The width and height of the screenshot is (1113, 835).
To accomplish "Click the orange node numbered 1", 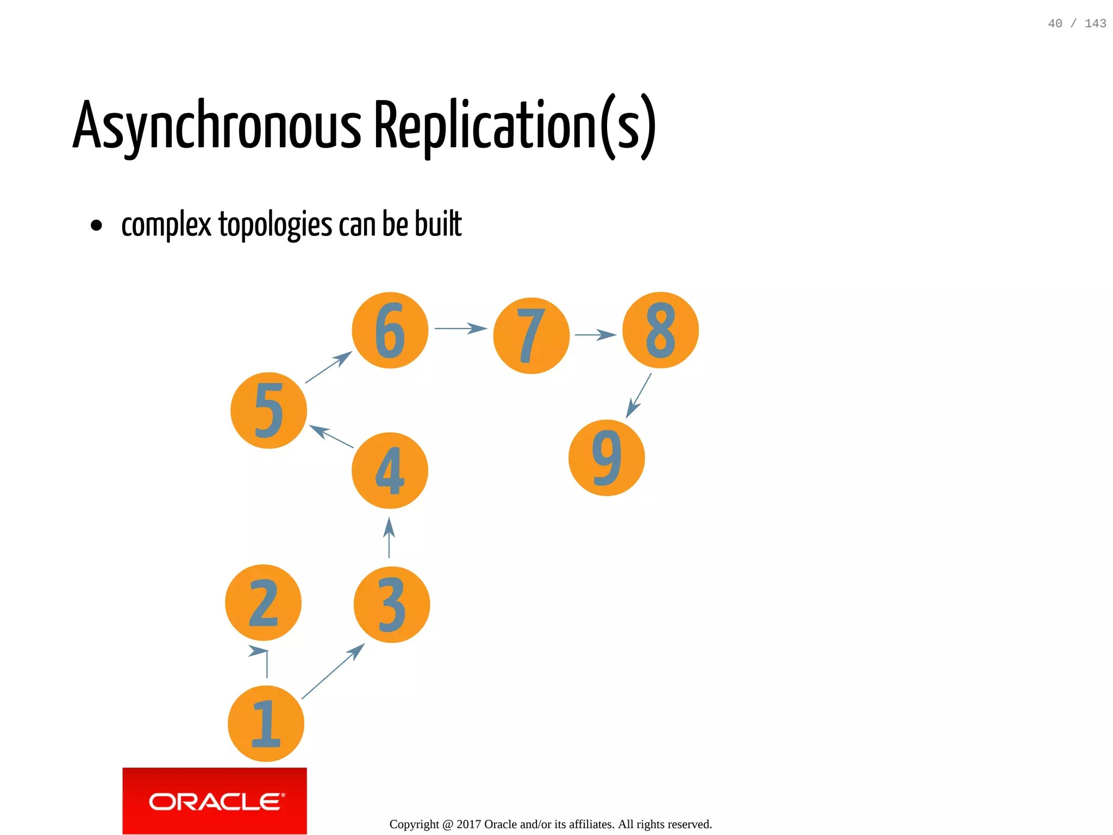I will coord(266,724).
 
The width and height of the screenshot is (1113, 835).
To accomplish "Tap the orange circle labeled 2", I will coord(263,602).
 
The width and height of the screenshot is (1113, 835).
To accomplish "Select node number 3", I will coord(391,605).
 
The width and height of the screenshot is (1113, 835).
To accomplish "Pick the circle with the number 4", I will coord(390,470).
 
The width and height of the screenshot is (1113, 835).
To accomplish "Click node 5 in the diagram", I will coord(268,410).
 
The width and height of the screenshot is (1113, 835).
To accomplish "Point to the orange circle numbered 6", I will coord(390,330).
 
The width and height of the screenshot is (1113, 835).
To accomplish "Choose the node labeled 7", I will coord(531,336).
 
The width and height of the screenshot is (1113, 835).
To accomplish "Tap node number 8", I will coord(660,330).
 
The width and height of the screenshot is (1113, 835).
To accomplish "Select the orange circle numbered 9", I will coord(606,457).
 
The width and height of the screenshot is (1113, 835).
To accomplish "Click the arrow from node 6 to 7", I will coord(460,328).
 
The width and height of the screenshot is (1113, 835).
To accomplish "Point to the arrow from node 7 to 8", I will coord(595,335).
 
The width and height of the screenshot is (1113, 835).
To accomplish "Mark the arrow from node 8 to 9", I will coord(639,395).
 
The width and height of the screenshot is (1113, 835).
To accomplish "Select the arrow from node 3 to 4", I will coord(389,538).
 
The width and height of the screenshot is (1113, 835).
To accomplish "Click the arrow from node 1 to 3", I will coord(333,671).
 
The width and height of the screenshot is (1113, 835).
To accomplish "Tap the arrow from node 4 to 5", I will coord(331,436).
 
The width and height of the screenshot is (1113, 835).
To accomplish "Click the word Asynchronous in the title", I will coord(217,126).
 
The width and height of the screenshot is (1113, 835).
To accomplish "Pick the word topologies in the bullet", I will coord(275,224).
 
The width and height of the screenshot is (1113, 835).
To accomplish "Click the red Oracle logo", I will coord(215,801).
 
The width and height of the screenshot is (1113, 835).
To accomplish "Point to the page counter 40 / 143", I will coord(1077,23).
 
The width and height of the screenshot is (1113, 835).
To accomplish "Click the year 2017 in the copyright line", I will coord(468,824).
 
